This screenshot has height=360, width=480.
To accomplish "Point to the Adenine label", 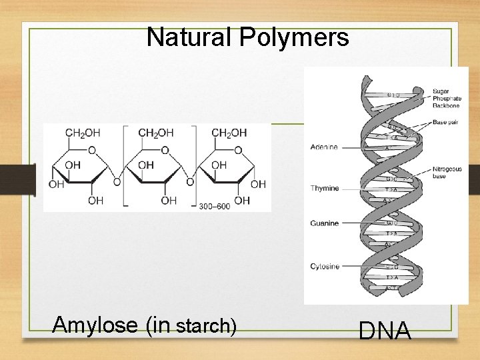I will click(x=324, y=147).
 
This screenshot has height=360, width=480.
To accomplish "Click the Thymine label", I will click(x=325, y=188).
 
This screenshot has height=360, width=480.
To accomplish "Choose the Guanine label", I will click(x=325, y=223).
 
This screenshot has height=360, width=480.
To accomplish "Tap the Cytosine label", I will click(x=325, y=267).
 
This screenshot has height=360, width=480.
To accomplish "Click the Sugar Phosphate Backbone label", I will click(x=446, y=98).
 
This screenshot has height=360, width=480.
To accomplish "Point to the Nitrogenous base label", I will click(x=447, y=173).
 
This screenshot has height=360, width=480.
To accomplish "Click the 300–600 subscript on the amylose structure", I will click(x=214, y=207).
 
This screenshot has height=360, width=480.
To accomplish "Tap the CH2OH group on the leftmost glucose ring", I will click(x=83, y=133).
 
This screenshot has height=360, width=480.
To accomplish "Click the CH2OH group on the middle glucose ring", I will click(x=156, y=133).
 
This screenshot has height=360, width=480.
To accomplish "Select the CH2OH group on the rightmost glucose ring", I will click(x=229, y=133).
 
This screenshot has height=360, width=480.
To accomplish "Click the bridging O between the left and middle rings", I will click(x=117, y=181).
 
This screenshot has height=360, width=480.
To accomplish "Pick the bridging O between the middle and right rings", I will click(x=190, y=181).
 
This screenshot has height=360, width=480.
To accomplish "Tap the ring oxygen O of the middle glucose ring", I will click(x=165, y=151).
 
